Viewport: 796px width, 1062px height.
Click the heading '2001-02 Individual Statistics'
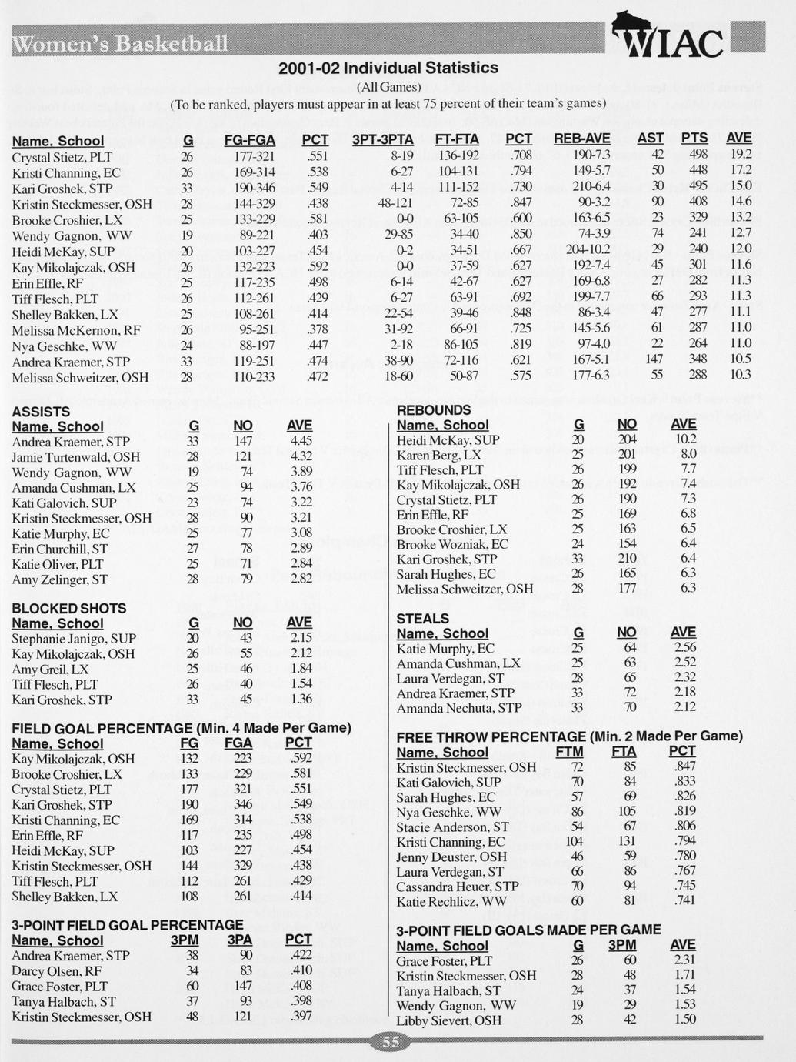tap(388, 68)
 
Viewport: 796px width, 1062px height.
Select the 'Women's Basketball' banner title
tap(120, 42)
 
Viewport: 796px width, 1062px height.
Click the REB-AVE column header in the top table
tap(582, 139)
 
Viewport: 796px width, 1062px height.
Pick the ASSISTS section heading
tap(41, 412)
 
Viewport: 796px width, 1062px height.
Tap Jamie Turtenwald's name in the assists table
tap(76, 457)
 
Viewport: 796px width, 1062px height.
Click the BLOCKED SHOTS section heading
tap(69, 608)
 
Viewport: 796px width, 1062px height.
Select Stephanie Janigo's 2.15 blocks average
tap(300, 638)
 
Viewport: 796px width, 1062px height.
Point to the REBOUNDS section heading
tap(434, 410)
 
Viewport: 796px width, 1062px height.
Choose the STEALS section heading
tap(423, 618)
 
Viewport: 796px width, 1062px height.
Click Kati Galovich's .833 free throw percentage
tap(682, 782)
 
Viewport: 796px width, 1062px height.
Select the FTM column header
tap(569, 752)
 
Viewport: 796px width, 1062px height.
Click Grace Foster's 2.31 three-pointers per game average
tap(684, 960)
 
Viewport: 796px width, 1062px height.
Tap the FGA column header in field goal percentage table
tap(238, 743)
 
